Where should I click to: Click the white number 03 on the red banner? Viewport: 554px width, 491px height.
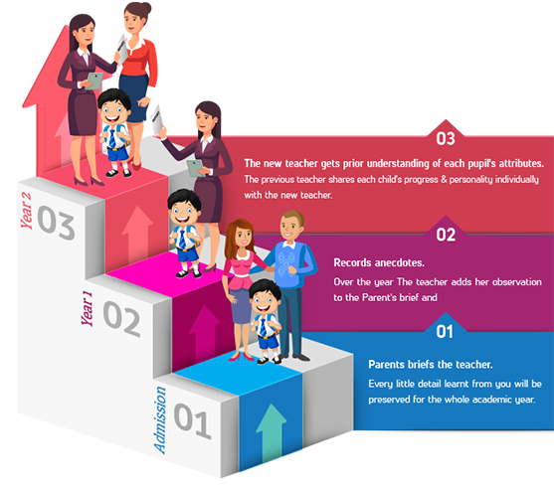446,139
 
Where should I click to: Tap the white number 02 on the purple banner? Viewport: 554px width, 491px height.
446,236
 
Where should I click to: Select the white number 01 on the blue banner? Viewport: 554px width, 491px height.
445,332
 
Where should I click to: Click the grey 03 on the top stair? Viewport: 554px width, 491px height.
56,223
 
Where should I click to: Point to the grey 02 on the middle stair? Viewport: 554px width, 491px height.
122,318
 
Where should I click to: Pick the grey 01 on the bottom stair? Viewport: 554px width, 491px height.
193,420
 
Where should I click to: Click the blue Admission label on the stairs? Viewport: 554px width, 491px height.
160,419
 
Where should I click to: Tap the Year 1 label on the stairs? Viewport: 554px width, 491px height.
87,308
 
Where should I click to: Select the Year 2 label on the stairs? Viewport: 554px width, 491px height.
26,211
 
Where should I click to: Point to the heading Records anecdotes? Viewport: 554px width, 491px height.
379,262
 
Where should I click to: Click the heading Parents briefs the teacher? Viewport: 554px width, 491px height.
431,365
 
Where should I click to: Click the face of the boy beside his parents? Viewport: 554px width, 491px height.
265,301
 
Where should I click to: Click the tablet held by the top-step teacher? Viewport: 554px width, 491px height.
95,81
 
